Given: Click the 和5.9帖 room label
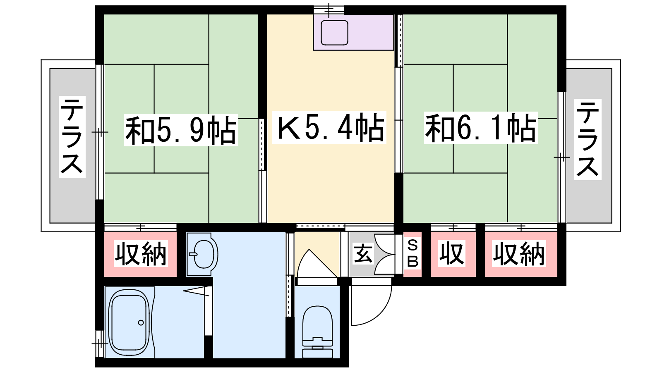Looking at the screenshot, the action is [181, 130].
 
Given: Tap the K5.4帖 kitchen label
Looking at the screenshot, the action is [329, 128].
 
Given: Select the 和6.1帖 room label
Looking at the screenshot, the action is [481, 128].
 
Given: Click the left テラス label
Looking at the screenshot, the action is [72, 137].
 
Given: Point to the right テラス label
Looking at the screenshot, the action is [588, 139].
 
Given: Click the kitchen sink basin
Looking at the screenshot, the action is [335, 33].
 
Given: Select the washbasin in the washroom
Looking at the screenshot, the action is [203, 255].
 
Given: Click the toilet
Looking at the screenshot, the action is [318, 331].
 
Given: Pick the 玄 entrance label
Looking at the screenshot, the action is [362, 254].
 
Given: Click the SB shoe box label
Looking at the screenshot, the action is [413, 254].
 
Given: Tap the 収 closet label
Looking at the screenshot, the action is [452, 253].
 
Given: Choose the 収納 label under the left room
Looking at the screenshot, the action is [141, 254].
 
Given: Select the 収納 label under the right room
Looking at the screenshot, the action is [519, 254].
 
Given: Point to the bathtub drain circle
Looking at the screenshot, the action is [141, 323].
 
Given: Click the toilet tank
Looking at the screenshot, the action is [318, 348].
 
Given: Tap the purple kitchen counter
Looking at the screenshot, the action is [353, 33].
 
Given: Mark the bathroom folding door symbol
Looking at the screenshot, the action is [196, 291].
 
